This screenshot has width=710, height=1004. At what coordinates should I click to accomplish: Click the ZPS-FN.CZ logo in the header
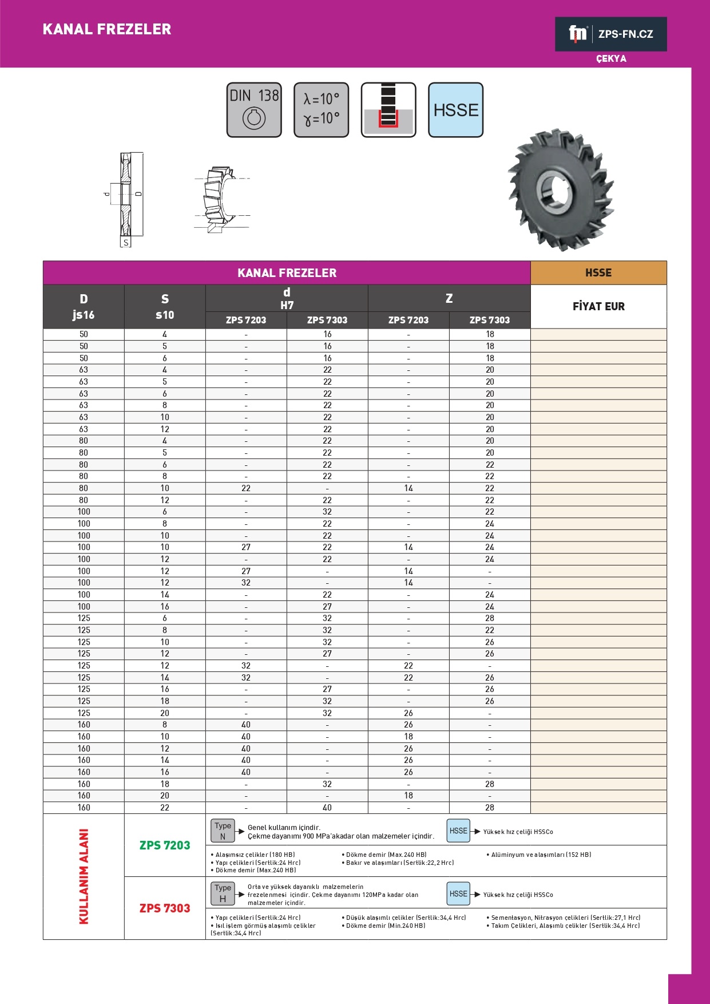click(610, 34)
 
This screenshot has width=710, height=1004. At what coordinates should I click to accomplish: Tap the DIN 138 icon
click(254, 110)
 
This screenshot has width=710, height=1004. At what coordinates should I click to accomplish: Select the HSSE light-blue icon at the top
click(455, 110)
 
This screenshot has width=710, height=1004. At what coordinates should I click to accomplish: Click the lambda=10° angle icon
click(321, 110)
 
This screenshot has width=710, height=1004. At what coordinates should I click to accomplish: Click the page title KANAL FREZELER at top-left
click(107, 29)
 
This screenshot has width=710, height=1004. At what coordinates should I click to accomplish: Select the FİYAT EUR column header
click(598, 306)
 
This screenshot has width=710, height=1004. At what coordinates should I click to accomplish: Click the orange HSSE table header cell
click(598, 273)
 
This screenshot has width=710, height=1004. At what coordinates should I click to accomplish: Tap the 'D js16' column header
click(84, 307)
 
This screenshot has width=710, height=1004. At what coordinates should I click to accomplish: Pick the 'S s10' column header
click(165, 307)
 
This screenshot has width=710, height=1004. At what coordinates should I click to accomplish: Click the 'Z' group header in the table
click(449, 298)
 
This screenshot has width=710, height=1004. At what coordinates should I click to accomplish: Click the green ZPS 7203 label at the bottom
click(165, 845)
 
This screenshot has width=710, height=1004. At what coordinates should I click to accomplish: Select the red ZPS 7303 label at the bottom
click(165, 908)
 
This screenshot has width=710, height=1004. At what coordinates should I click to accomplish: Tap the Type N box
click(223, 831)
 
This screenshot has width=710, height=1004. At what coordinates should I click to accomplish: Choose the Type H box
click(223, 894)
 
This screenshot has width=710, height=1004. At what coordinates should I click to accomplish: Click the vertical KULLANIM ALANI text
click(84, 876)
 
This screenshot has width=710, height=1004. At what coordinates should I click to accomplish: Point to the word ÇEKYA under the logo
click(611, 59)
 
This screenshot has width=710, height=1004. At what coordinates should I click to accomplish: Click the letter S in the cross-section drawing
click(126, 243)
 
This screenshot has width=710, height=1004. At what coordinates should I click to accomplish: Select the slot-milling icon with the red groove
click(388, 110)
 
